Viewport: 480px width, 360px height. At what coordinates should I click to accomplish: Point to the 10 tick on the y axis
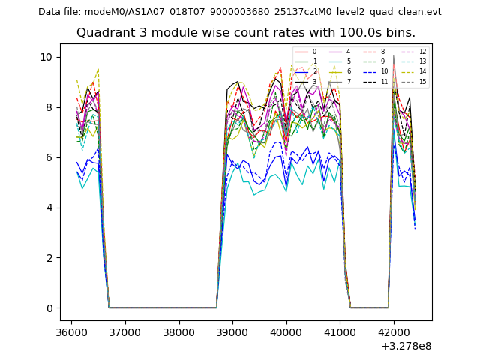pyautogui.click(x=46, y=57)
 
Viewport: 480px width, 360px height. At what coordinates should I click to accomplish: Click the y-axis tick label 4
pyautogui.click(x=49, y=208)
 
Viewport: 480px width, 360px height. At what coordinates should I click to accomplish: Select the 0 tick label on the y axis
pyautogui.click(x=49, y=308)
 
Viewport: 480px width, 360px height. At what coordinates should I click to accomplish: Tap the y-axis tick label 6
pyautogui.click(x=49, y=157)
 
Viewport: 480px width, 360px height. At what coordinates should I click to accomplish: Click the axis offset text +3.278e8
pyautogui.click(x=406, y=346)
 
